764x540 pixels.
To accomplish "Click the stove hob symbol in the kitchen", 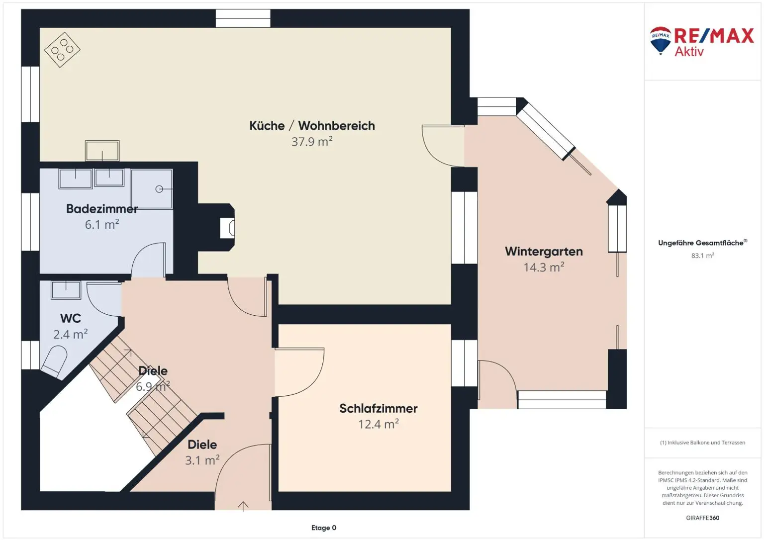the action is (62, 50).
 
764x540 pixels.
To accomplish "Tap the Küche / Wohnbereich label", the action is (312, 126).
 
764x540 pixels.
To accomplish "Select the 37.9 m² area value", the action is (312, 141).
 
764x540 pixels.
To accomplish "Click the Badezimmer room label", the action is (101, 209).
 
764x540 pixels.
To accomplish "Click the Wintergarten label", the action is (544, 252).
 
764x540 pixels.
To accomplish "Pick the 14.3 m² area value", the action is (544, 267).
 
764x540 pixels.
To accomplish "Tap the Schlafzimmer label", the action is (378, 408).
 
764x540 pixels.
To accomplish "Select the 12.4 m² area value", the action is (378, 424).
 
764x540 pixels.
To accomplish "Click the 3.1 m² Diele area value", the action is (202, 460).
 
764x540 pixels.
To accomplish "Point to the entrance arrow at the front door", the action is (243, 506).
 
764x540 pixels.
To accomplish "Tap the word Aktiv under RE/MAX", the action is (689, 52).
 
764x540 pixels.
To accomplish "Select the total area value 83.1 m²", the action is (703, 256).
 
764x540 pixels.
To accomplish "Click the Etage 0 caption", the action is (324, 528).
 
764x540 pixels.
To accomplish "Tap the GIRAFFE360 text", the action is (703, 518).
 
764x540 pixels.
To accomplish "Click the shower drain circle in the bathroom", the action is (159, 189).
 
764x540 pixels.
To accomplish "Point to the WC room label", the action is (71, 318).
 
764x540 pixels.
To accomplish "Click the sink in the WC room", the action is (66, 290).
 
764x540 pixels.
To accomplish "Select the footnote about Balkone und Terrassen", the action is (703, 443).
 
